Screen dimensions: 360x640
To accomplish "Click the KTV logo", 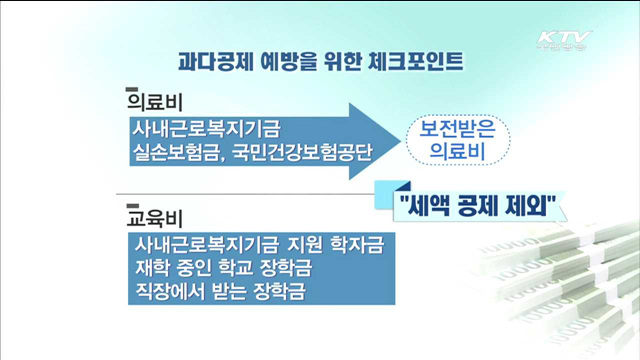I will [565, 42].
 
